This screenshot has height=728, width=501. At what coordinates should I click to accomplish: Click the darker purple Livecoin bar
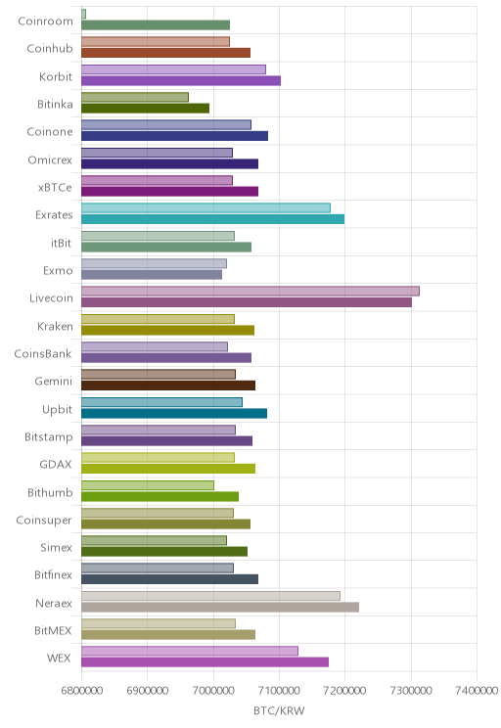(x=247, y=302)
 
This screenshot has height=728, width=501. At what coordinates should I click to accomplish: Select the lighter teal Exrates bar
(x=206, y=207)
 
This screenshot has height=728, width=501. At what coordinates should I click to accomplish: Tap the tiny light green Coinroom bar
(x=83, y=14)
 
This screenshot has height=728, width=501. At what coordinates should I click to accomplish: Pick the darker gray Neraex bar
(x=220, y=607)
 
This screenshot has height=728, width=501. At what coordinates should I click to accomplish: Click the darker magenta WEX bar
(x=205, y=662)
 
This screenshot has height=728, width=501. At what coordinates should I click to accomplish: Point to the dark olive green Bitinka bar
(x=146, y=109)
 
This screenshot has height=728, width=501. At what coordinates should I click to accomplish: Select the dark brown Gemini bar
(x=168, y=386)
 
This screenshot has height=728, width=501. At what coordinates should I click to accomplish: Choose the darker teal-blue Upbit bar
(x=174, y=413)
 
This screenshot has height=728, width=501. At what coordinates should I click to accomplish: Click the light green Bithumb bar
(x=148, y=485)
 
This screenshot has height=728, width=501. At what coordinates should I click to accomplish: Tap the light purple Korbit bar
(x=173, y=69)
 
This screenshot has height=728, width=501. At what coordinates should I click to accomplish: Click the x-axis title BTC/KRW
(x=279, y=710)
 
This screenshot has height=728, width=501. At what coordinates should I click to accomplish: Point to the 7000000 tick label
(x=213, y=691)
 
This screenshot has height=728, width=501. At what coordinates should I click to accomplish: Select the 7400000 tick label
(x=477, y=691)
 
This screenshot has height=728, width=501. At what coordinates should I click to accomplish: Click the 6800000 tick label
(x=82, y=691)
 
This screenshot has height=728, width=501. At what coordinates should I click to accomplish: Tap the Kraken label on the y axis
(x=55, y=327)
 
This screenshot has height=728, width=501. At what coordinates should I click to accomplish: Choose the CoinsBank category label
(x=43, y=354)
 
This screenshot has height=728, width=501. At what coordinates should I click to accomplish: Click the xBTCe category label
(x=55, y=188)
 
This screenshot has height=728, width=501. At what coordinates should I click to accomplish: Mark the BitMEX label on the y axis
(x=53, y=630)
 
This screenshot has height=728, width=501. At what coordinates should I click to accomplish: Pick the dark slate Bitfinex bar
(x=170, y=579)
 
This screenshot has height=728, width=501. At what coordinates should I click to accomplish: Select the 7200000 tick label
(x=345, y=691)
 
